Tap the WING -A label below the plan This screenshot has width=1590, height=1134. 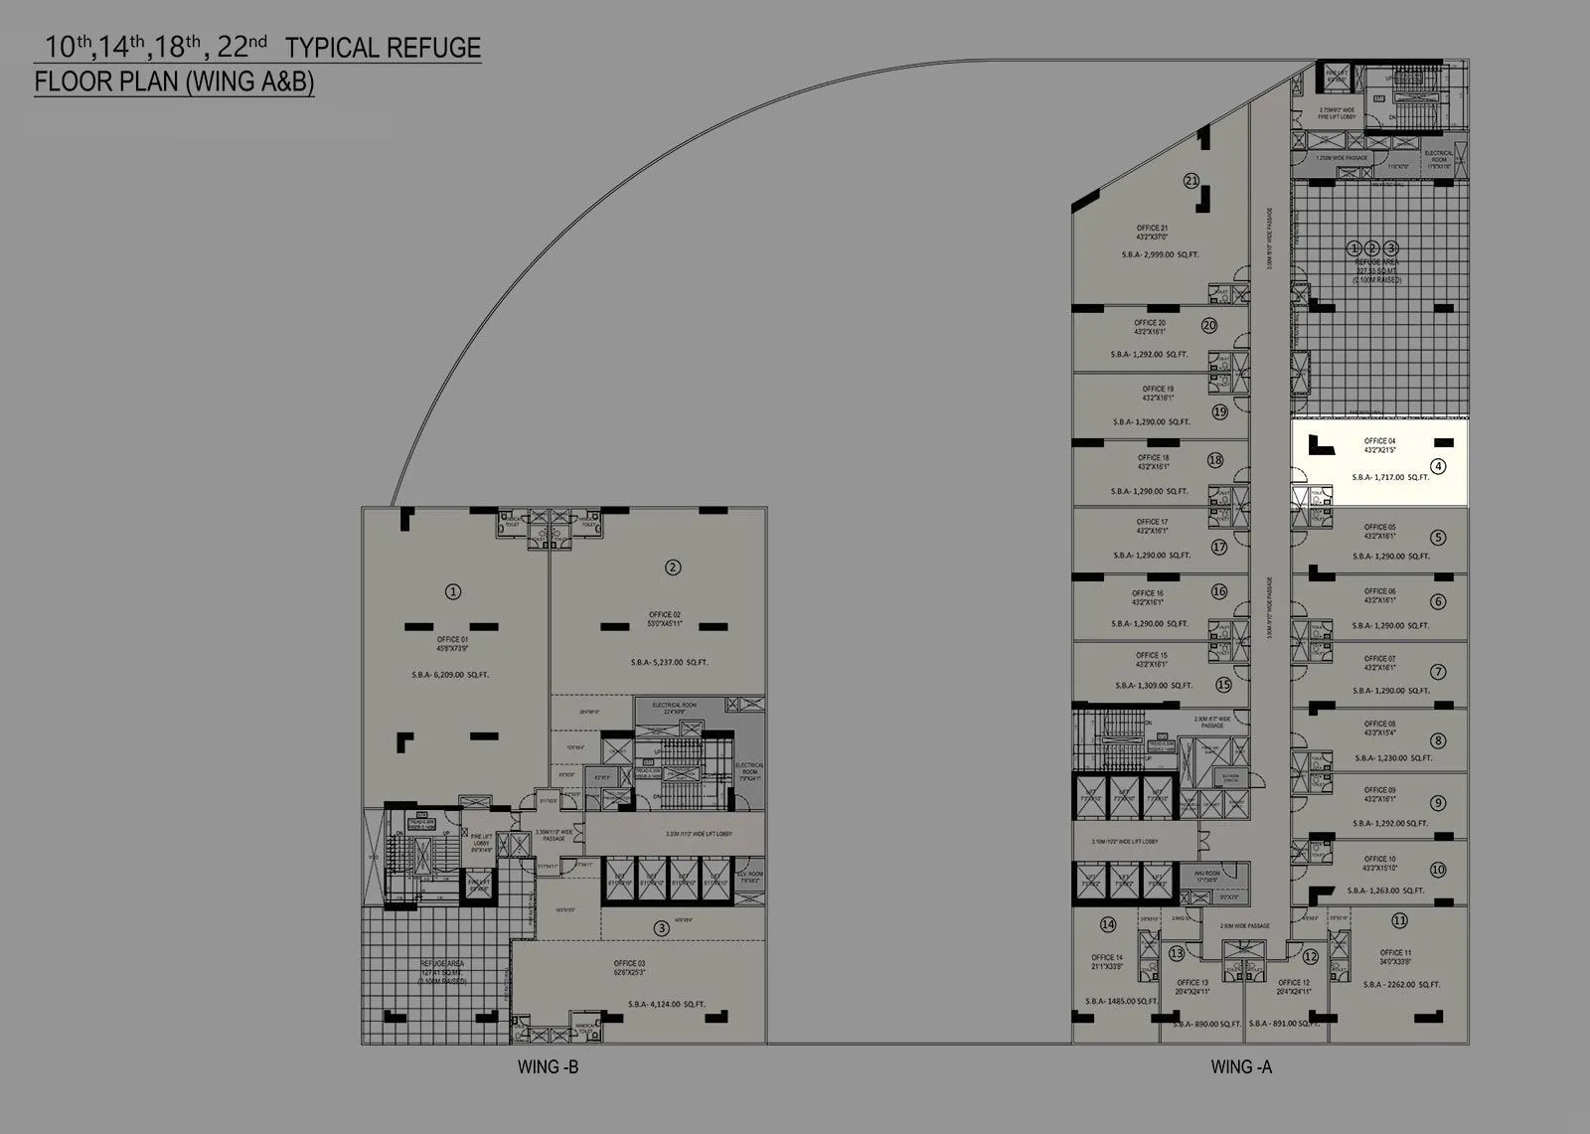click(1241, 1067)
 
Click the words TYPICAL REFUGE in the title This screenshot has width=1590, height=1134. click(383, 48)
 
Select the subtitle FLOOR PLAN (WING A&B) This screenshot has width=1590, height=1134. click(175, 81)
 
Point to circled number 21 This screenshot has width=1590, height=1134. click(1192, 181)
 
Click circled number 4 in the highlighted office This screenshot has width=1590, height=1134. click(1438, 466)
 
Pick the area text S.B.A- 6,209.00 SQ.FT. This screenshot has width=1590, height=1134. click(449, 675)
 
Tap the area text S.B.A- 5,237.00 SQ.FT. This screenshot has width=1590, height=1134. click(670, 662)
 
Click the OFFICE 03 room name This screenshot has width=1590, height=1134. click(629, 964)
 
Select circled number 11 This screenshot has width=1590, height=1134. click(1399, 920)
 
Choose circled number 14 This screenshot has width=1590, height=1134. click(1108, 925)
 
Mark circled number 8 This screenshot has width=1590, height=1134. click(1438, 740)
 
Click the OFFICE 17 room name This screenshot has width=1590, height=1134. click(1152, 522)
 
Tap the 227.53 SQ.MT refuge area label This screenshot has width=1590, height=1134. click(1376, 269)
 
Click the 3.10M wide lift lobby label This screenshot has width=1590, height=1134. click(1123, 842)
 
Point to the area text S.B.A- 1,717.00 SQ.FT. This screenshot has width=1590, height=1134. click(1390, 477)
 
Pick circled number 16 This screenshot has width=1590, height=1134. click(1219, 591)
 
